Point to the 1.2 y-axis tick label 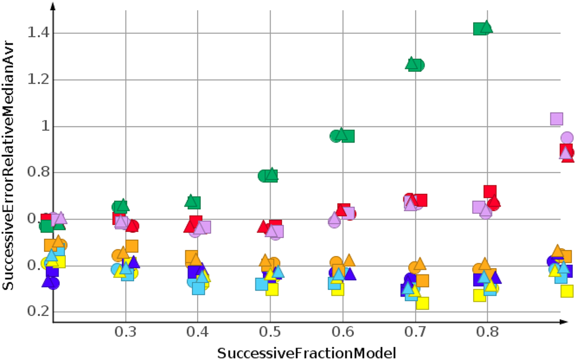point(37,79)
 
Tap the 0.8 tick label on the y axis point(37,172)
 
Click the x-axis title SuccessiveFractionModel point(306,353)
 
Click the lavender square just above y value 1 point(556,119)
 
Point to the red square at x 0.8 point(490,191)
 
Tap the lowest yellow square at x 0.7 point(423,303)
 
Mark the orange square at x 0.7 point(423,280)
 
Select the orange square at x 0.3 point(132,245)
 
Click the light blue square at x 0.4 point(198,289)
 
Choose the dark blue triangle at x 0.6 point(350,274)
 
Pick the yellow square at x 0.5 point(272,289)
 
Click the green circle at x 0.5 point(264,175)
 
